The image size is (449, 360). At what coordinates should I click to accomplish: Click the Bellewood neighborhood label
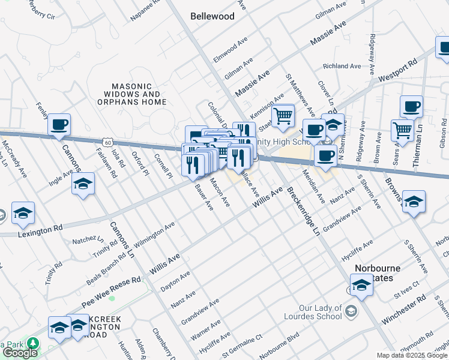pyautogui.click(x=212, y=17)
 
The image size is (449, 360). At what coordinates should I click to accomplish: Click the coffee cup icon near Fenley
pyautogui.click(x=59, y=125)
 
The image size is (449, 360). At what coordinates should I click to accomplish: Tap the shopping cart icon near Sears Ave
pyautogui.click(x=402, y=129)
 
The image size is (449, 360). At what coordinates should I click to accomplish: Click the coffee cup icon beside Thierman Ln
pyautogui.click(x=411, y=107)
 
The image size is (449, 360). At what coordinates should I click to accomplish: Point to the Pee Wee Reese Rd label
pyautogui.click(x=111, y=288)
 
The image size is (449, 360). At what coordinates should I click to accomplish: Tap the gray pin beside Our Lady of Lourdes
pyautogui.click(x=352, y=310)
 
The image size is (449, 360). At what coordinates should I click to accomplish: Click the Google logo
pyautogui.click(x=20, y=353)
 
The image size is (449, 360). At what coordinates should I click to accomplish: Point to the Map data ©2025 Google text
pyautogui.click(x=412, y=355)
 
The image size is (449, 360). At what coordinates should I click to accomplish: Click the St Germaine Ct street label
pyautogui.click(x=243, y=345)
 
